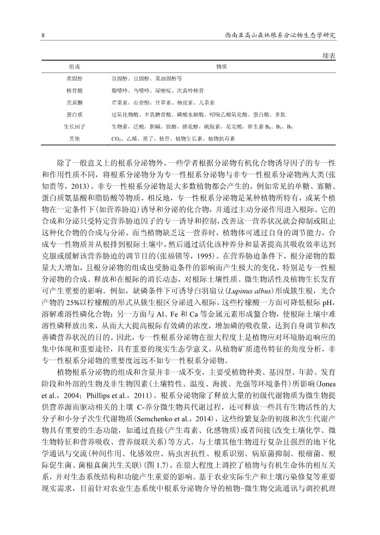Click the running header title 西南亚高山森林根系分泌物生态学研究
(x=280, y=35)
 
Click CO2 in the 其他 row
(x=115, y=139)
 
